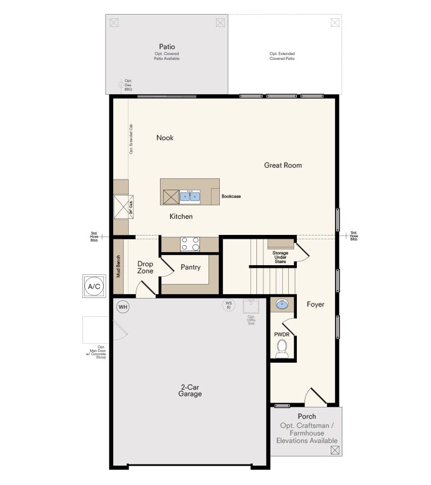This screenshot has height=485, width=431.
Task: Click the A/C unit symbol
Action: click(94, 286)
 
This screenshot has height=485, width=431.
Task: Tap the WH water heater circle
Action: click(123, 307)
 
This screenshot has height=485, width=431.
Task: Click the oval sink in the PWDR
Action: click(282, 305)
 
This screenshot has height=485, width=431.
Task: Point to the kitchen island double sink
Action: click(190, 197)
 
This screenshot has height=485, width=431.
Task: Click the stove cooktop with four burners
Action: click(190, 244)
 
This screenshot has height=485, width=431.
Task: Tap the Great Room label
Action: click(283, 165)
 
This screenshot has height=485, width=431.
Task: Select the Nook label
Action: click(165, 138)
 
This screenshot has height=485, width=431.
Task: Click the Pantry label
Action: click(191, 267)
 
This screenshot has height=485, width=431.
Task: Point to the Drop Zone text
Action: click(145, 267)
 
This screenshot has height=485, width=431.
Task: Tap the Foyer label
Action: click(316, 304)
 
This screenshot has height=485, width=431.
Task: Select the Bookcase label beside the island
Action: click(231, 196)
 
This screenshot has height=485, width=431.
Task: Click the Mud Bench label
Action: click(119, 266)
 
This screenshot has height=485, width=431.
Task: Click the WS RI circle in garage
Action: click(229, 305)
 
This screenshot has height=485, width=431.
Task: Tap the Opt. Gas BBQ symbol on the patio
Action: click(121, 85)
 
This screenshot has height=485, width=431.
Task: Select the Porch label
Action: click(307, 417)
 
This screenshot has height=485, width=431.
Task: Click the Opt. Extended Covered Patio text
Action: click(282, 56)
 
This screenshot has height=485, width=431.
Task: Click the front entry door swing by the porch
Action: click(315, 397)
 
